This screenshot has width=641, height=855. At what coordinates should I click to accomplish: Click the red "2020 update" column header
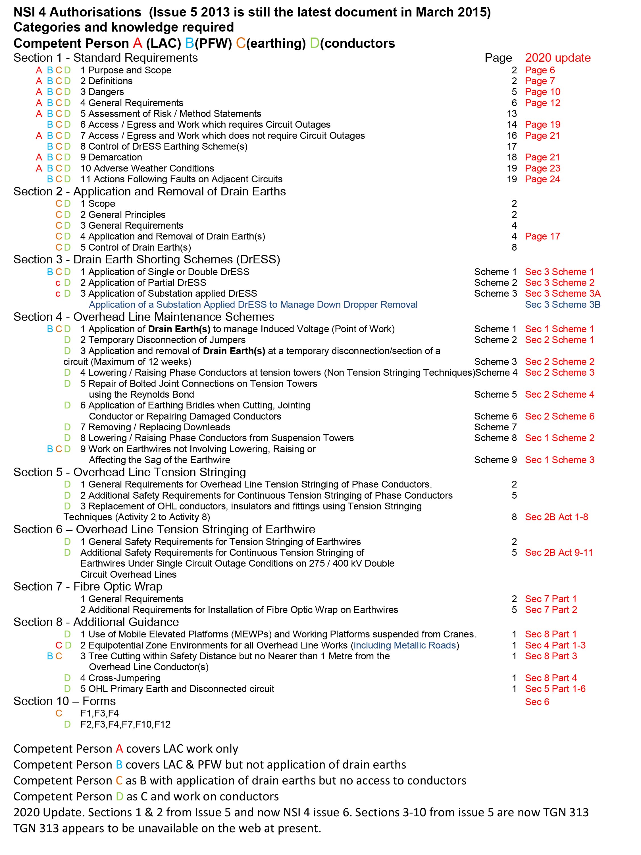pos(557,58)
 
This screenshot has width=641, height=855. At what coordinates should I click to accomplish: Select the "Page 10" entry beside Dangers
pos(542,92)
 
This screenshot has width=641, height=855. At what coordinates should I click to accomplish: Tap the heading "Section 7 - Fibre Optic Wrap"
pos(88,586)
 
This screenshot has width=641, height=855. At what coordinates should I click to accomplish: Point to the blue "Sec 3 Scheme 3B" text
pos(563,305)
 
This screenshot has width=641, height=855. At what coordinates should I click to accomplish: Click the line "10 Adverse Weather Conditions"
pos(147,169)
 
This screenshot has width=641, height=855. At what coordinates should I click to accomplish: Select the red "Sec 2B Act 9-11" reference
pos(558,553)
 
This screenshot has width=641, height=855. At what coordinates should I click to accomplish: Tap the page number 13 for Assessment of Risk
pos(512,114)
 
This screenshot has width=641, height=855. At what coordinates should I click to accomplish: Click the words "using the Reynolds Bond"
pos(141,395)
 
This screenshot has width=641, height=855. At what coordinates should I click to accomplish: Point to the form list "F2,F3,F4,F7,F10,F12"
pos(126,724)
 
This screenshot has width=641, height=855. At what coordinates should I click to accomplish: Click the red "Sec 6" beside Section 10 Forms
pos(537,702)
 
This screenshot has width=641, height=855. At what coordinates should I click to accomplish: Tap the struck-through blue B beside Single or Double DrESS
pos(50,272)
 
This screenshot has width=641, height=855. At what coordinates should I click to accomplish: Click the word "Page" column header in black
pos(498,58)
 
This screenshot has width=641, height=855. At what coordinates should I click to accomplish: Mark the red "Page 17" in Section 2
pos(542,237)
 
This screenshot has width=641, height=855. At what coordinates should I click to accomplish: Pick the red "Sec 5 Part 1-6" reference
pos(555,689)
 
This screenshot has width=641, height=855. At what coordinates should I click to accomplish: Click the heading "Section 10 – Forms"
pos(64,701)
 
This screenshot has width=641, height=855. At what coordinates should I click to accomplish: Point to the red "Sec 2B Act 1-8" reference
pos(556,517)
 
